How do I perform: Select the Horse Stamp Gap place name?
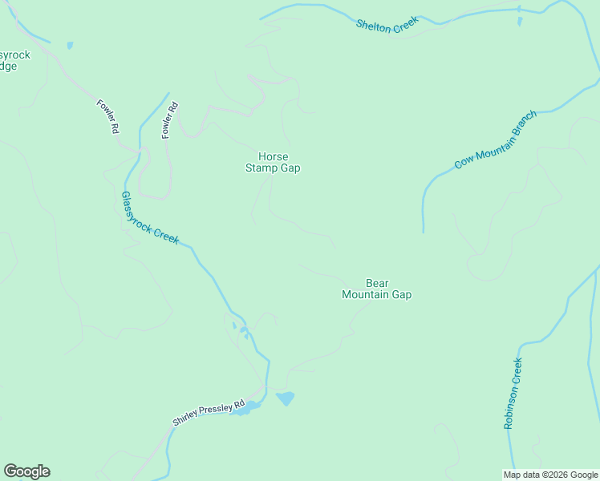273,162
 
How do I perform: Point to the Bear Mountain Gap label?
376,289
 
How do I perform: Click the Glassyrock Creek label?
150,217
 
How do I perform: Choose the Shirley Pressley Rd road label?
208,414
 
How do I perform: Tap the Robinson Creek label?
513,394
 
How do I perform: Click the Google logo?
26,471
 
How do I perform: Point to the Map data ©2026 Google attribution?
549,475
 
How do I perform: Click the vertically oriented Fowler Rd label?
168,120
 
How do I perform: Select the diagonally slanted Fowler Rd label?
108,116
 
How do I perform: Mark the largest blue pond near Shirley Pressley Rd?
285,398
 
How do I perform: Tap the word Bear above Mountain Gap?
377,283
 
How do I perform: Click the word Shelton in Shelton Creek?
374,24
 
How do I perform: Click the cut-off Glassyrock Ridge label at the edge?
14,61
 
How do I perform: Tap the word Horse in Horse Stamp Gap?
273,156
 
